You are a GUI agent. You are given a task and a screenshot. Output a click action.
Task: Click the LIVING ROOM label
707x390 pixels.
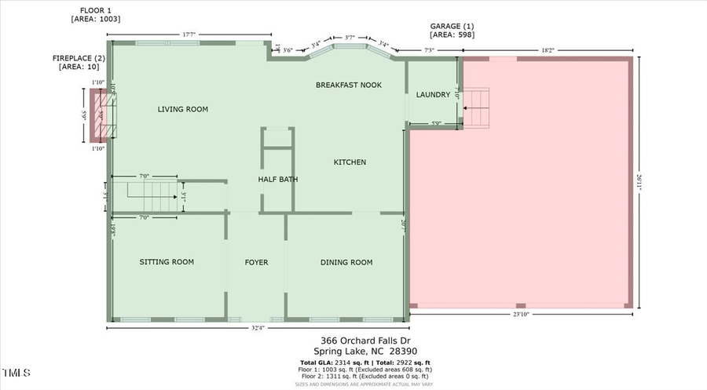pyautogui.click(x=182, y=110)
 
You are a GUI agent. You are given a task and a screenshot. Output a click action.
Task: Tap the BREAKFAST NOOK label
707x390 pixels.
pyautogui.click(x=348, y=85)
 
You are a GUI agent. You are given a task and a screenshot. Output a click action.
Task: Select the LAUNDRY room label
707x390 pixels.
pyautogui.click(x=433, y=95)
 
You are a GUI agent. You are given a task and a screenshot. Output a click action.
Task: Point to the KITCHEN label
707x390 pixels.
pyautogui.click(x=350, y=162)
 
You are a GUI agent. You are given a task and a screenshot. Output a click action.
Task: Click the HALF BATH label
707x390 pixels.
pyautogui.click(x=278, y=180)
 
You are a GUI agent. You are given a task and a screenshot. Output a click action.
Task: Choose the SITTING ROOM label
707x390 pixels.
pyautogui.click(x=167, y=262)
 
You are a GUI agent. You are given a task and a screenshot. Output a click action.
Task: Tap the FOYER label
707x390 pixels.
pyautogui.click(x=256, y=262)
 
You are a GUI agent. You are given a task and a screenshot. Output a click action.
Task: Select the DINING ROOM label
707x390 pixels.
pyautogui.click(x=346, y=262)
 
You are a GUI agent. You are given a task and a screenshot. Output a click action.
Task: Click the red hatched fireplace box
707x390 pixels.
pyautogui.click(x=99, y=115)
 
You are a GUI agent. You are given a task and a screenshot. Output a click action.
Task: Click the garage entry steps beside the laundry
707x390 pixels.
pyautogui.click(x=477, y=108)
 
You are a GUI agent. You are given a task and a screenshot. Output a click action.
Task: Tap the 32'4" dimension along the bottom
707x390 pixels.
pyautogui.click(x=258, y=327)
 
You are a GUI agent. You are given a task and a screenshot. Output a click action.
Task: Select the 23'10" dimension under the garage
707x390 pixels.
pyautogui.click(x=519, y=314)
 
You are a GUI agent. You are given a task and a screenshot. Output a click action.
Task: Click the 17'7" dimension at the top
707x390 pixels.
pyautogui.click(x=189, y=34)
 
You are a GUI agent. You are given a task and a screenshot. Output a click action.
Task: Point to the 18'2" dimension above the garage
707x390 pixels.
pyautogui.click(x=548, y=49)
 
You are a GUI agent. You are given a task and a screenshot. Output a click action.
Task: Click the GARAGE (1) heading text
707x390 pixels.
pyautogui.click(x=452, y=26)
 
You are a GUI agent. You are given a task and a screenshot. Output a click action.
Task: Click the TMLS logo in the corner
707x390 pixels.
pyautogui.click(x=16, y=371)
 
